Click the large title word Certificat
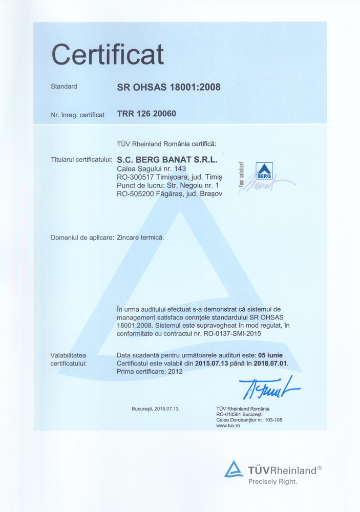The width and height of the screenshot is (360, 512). (108, 54)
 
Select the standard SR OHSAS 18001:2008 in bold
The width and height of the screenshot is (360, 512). (168, 87)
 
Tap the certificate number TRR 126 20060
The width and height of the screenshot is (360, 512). (146, 114)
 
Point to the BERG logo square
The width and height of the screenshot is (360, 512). (264, 171)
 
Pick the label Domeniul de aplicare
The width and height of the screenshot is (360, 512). (82, 238)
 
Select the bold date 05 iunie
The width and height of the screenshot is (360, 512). (270, 355)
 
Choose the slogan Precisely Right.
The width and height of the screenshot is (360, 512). (272, 481)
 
